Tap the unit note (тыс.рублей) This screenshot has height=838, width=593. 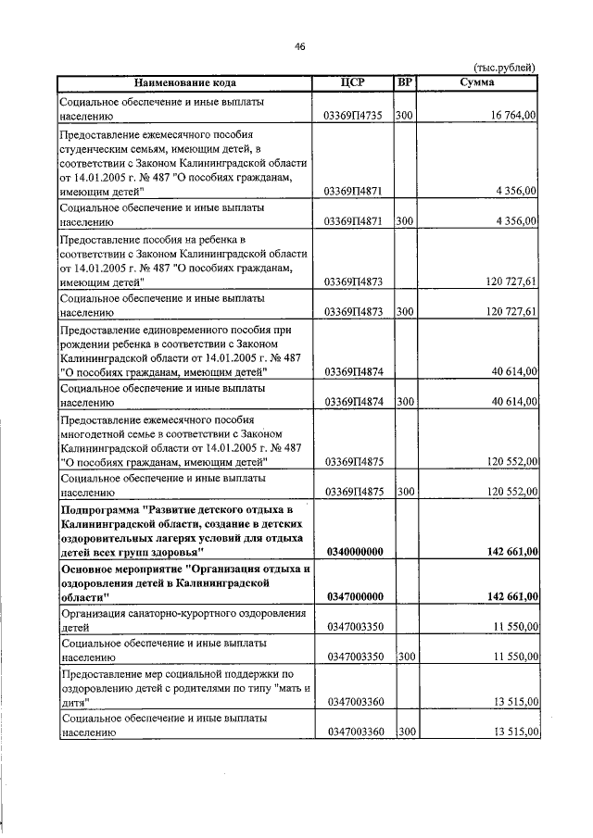click(504, 67)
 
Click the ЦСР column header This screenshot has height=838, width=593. click(353, 82)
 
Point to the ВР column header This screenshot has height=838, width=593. click(404, 82)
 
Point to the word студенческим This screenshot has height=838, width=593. click(98, 148)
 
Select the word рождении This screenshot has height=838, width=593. click(87, 344)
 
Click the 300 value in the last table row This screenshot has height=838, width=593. click(404, 732)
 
